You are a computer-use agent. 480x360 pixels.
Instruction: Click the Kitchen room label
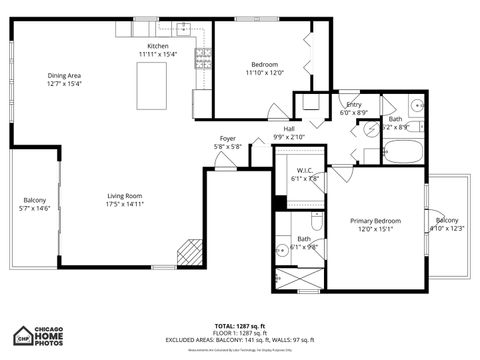coord(158,46)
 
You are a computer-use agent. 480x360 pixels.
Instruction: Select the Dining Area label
coord(64,76)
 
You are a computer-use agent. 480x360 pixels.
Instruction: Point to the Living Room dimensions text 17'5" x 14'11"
coord(126,204)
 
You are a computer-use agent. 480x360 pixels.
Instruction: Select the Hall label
coord(289,129)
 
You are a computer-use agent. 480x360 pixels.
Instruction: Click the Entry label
coord(354,104)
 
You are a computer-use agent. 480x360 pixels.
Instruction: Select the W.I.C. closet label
coord(304,170)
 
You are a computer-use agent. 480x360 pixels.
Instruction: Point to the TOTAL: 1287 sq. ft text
coord(239,326)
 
